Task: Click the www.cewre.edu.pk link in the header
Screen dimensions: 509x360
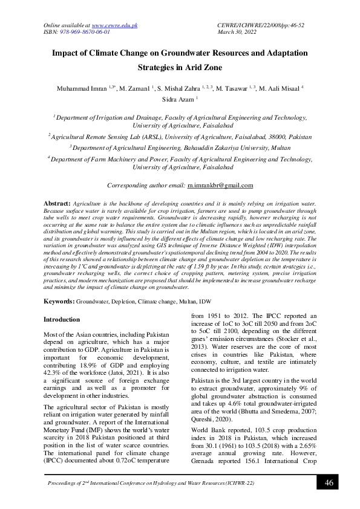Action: point(118,25)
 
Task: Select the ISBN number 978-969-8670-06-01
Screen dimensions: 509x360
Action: point(85,32)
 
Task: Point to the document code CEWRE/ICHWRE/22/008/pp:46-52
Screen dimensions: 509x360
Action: point(260,25)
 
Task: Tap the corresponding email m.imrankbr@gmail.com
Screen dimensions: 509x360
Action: point(220,186)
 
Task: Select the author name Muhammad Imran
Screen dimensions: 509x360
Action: point(82,88)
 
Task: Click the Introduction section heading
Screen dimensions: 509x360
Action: point(62,319)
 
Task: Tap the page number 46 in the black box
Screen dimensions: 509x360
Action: point(329,482)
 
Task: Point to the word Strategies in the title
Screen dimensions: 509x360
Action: point(160,68)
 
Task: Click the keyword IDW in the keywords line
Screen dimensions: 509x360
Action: point(206,300)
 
